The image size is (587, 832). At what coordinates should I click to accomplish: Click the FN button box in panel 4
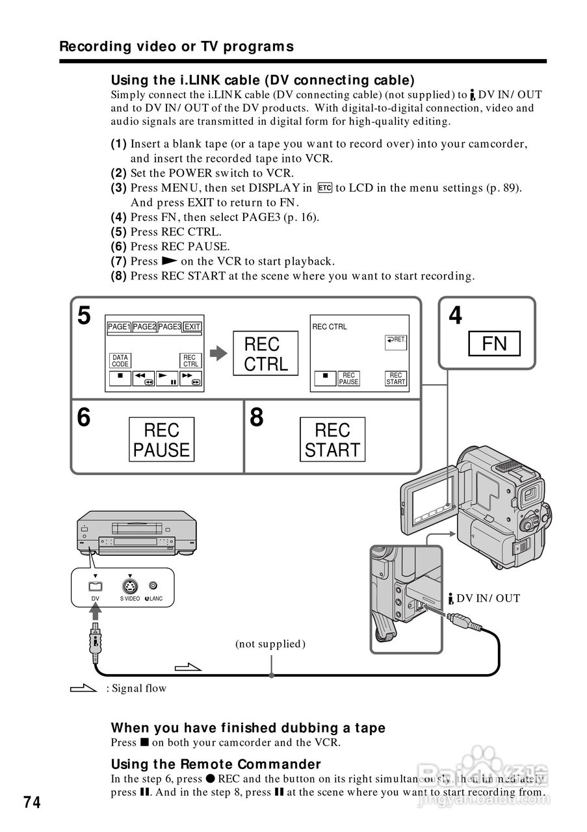[494, 343]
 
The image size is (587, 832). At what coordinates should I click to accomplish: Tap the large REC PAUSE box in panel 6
[161, 439]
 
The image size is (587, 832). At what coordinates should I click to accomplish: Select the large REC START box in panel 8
[332, 439]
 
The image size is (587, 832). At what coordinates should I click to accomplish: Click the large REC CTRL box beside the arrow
[265, 354]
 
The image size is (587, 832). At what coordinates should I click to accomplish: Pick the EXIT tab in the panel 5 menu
[192, 327]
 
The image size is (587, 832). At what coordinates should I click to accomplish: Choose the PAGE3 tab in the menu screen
[170, 327]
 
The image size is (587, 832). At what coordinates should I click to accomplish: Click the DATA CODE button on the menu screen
[120, 361]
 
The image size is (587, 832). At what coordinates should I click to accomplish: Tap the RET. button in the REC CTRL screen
[395, 340]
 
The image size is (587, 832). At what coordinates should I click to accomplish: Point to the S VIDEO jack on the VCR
[130, 586]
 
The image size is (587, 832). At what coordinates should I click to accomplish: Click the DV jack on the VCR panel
[96, 586]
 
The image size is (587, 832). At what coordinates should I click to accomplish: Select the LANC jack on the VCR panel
[153, 586]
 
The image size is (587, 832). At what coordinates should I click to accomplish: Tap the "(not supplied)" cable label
[270, 644]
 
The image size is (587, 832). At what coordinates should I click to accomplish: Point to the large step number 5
[84, 316]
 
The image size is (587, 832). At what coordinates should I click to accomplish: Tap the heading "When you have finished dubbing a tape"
[248, 728]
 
